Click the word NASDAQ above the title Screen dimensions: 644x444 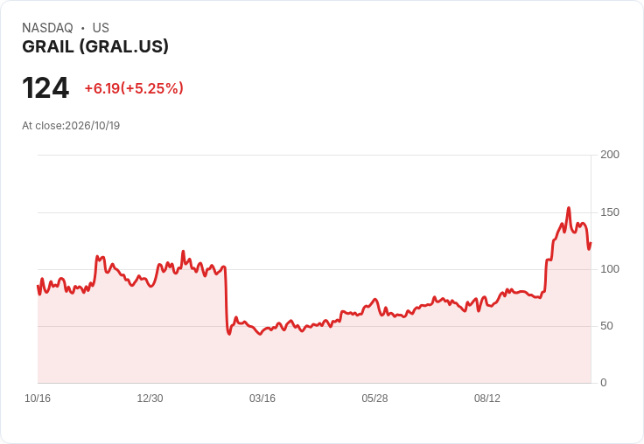[47, 28]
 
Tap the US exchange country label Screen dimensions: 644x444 [101, 28]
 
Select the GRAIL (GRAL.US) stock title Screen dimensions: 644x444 [95, 46]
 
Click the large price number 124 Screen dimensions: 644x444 [45, 87]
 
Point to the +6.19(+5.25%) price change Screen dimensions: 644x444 [134, 88]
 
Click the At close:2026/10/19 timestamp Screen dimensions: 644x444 [71, 126]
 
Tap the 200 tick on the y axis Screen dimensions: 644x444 [610, 155]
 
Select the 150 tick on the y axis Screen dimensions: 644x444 [610, 212]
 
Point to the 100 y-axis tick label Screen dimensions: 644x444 [610, 269]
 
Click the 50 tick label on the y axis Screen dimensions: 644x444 [606, 326]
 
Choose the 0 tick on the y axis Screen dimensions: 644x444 [604, 383]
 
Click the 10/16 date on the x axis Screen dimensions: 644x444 [38, 399]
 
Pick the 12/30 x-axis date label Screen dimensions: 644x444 [150, 399]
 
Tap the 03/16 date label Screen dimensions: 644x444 [262, 399]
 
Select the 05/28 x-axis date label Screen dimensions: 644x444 [374, 399]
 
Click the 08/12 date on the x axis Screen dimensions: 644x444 [487, 399]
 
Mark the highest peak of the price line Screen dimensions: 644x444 [569, 208]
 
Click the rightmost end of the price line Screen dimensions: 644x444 [591, 243]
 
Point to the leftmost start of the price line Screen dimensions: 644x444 [38, 286]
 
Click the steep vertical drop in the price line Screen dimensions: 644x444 [226, 300]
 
